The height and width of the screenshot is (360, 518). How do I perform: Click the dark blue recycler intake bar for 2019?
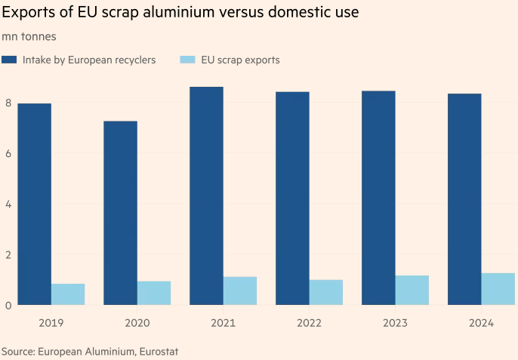pyautogui.click(x=34, y=204)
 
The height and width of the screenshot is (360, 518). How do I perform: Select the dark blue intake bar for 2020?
pyautogui.click(x=120, y=213)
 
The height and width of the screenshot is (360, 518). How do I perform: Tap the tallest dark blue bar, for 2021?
pyautogui.click(x=206, y=195)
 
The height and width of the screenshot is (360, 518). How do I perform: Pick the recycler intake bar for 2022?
pyautogui.click(x=292, y=198)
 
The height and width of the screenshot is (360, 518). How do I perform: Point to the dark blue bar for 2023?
pyautogui.click(x=378, y=198)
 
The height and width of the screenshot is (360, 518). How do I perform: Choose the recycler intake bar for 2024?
pyautogui.click(x=464, y=199)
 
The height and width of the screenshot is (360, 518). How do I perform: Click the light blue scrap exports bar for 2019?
pyautogui.click(x=68, y=294)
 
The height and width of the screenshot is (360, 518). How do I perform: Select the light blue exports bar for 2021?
pyautogui.click(x=240, y=291)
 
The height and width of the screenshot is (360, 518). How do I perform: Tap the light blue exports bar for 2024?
pyautogui.click(x=498, y=289)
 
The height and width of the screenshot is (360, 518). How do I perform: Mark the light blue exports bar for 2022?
pyautogui.click(x=326, y=292)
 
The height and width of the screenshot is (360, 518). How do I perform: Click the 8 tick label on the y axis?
pyautogui.click(x=8, y=103)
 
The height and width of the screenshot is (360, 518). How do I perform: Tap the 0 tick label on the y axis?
pyautogui.click(x=8, y=305)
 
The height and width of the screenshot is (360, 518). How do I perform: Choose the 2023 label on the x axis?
pyautogui.click(x=395, y=323)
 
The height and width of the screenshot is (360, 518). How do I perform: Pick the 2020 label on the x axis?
pyautogui.click(x=137, y=323)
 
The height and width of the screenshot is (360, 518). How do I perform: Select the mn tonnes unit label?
pyautogui.click(x=29, y=36)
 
